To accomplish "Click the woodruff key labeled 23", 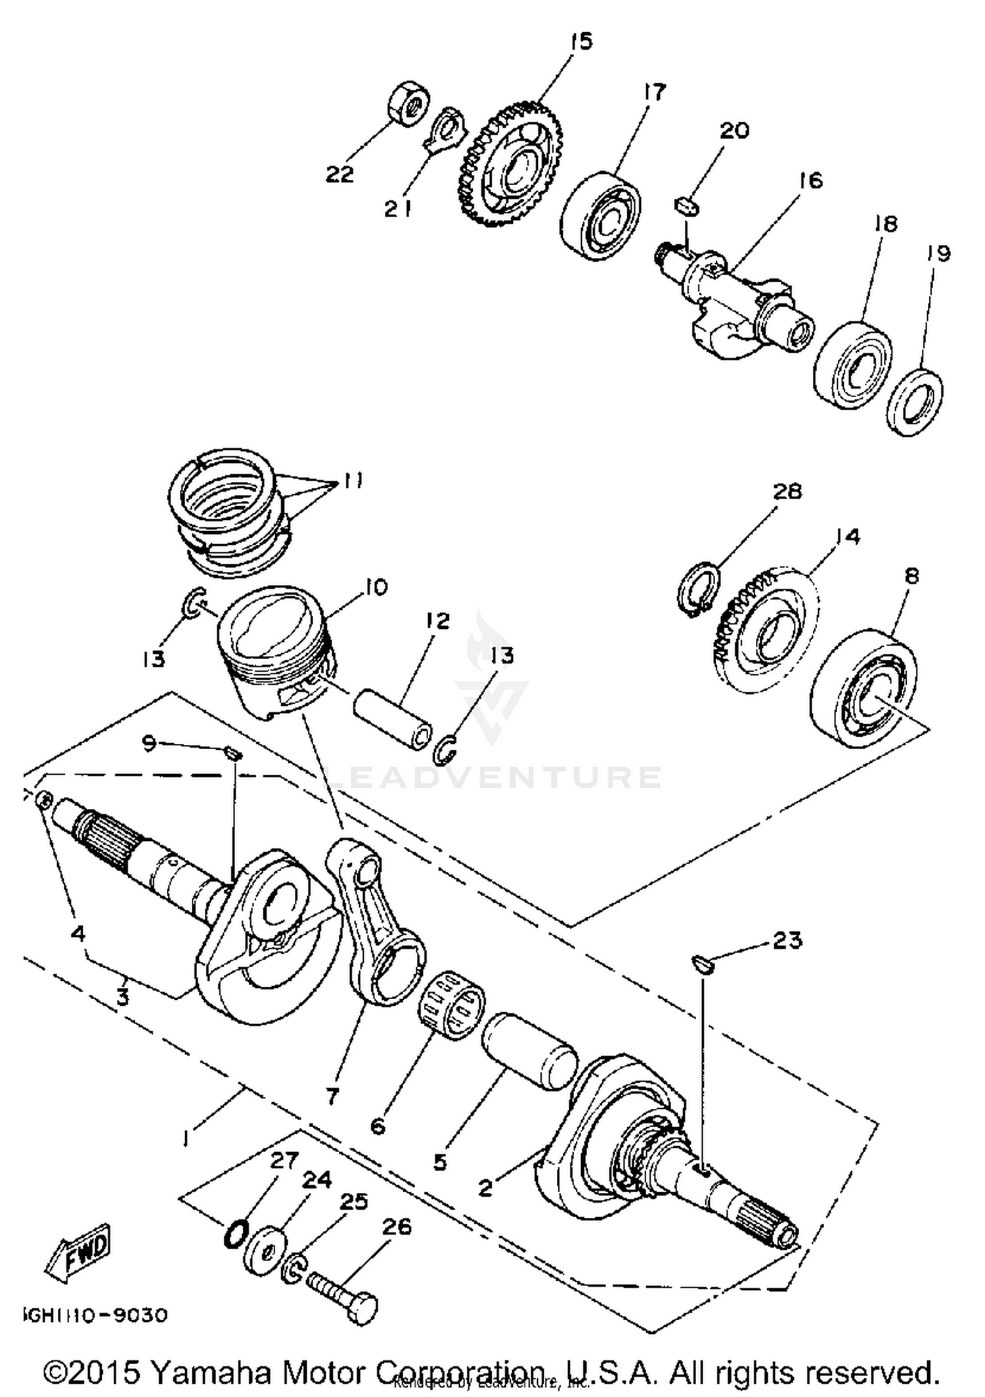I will [703, 963].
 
